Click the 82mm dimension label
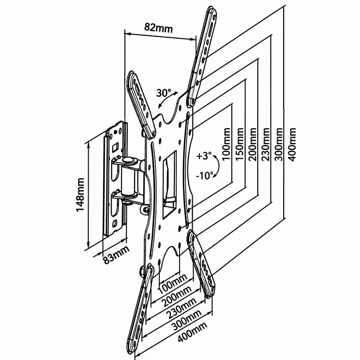tap(158, 28)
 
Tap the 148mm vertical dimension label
tap(80, 195)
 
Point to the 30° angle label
tap(164, 93)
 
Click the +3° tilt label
tap(204, 156)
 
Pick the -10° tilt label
tap(205, 176)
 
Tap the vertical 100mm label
tap(226, 144)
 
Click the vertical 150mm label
tap(240, 144)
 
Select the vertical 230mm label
tap(266, 144)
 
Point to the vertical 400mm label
tap(292, 144)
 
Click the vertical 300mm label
tap(279, 144)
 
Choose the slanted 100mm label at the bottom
tap(173, 284)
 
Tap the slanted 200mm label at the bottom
tap(177, 297)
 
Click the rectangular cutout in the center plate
tap(170, 184)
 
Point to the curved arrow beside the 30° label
tap(168, 100)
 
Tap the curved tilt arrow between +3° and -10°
tap(217, 166)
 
